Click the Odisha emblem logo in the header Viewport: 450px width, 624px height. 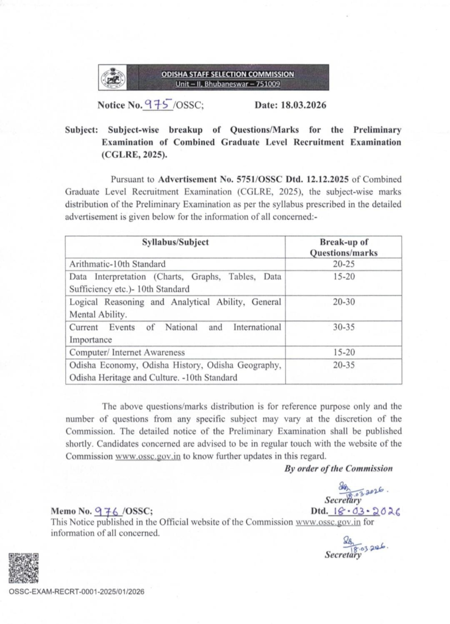(112, 79)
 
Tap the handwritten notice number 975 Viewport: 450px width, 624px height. (157, 104)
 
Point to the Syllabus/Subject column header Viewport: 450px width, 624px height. (176, 242)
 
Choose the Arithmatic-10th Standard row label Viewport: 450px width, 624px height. (113, 264)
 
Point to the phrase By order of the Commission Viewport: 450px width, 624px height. (338, 468)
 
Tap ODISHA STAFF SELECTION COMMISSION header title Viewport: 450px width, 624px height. (227, 74)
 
